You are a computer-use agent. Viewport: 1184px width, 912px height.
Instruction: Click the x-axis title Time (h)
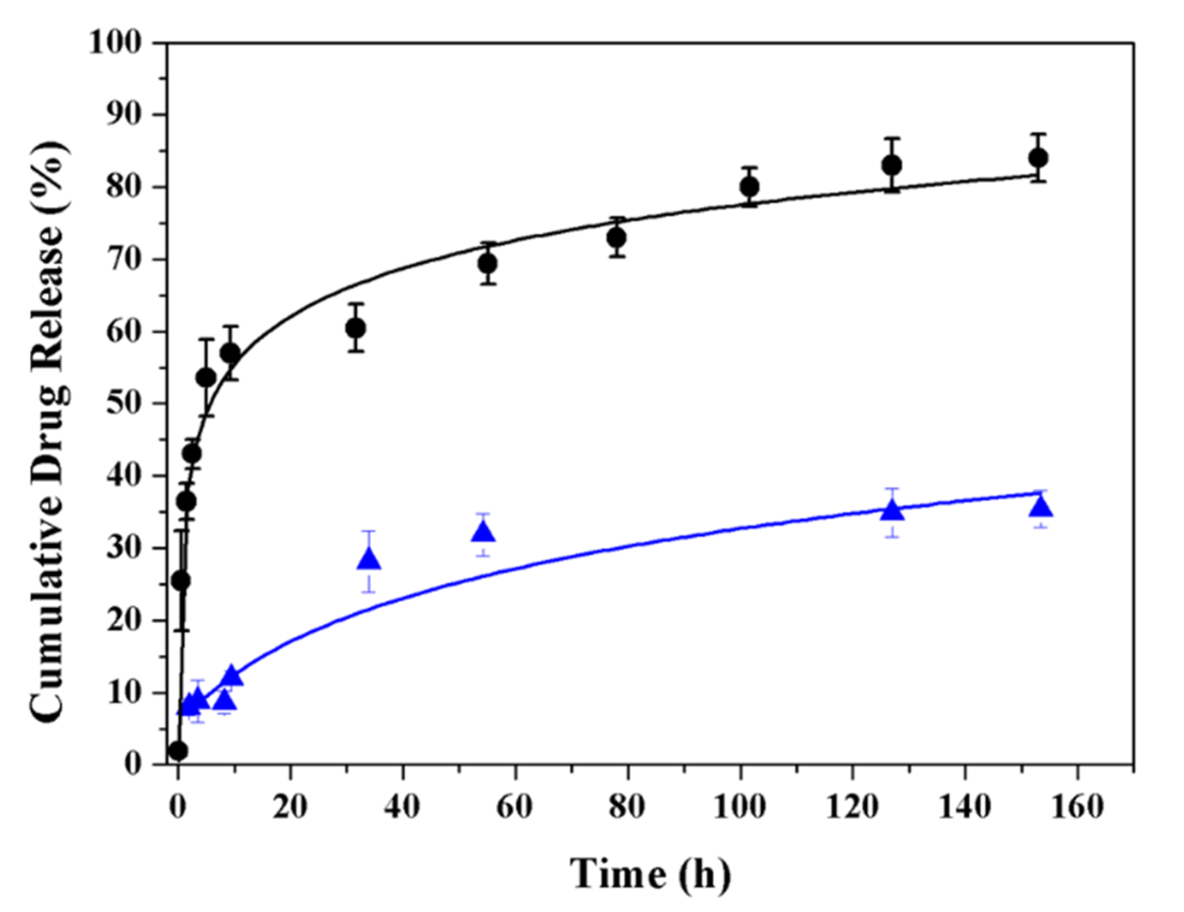pos(650,873)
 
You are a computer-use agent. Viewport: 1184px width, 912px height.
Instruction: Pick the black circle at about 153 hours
pos(1038,158)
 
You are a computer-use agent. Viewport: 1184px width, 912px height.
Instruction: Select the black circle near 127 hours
pos(892,165)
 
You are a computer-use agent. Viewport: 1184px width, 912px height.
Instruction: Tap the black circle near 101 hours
pos(749,187)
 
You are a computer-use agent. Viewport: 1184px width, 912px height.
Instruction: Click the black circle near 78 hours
pos(617,237)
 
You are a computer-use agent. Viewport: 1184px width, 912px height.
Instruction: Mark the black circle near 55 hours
pos(488,264)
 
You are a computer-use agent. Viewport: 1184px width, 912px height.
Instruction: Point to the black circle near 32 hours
pos(355,328)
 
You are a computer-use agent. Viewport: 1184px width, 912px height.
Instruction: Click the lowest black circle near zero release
pos(178,751)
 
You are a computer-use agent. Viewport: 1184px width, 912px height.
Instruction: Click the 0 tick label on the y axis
pos(132,765)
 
